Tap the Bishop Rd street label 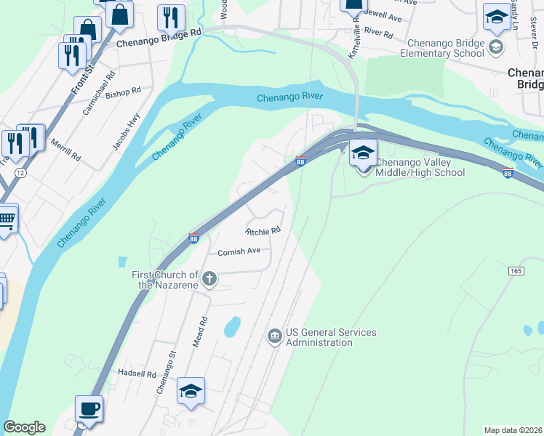pos(123,93)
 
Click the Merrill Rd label pos(66,148)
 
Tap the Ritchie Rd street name pos(263,232)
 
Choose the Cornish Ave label pos(239,252)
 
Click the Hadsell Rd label pos(137,374)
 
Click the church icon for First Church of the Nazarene pos(209,278)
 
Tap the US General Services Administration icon pos(275,335)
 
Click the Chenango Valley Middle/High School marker pos(363,153)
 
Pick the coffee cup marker pos(89,408)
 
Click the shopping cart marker pos(6,217)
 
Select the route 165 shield pos(516,270)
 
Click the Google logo pos(24,427)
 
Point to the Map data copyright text pos(512,430)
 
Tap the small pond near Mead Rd pos(233,327)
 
